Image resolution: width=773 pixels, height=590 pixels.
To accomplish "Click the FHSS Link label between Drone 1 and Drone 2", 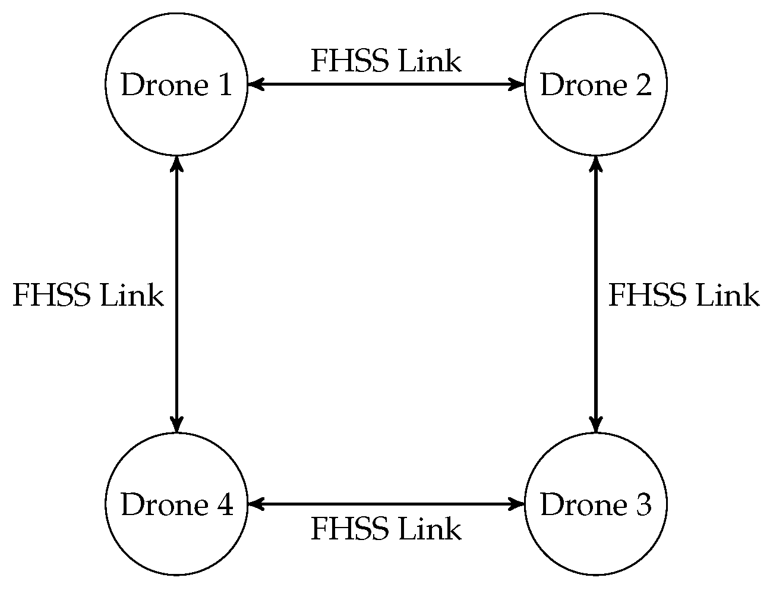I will [386, 61].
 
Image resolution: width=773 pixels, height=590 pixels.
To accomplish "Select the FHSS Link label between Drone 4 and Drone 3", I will [386, 529].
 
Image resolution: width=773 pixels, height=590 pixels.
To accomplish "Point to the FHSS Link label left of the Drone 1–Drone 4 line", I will [88, 295].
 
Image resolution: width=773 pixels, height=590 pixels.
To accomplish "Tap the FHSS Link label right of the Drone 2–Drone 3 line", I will [683, 295].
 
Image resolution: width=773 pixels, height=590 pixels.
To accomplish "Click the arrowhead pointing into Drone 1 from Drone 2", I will [255, 85].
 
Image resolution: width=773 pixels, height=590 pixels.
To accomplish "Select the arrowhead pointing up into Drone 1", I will [176, 163].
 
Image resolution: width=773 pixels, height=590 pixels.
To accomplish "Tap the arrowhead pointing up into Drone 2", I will [595, 163].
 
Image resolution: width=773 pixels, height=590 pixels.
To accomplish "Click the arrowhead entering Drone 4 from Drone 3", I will [255, 504].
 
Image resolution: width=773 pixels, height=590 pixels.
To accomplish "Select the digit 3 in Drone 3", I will [643, 505].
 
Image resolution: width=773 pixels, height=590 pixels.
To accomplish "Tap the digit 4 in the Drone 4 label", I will [224, 505].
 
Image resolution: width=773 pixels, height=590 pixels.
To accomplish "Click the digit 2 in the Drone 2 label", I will [643, 86].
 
